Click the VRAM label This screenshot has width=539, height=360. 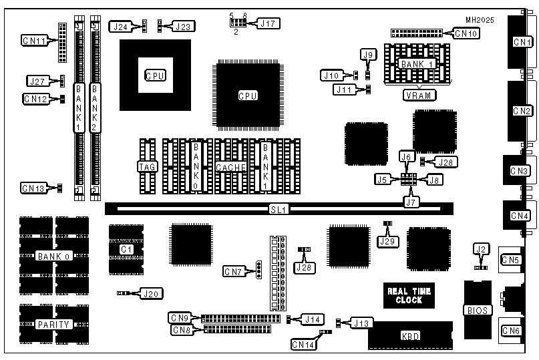point(419,95)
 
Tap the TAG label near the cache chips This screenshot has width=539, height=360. point(147,166)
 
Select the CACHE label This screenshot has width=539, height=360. point(231,166)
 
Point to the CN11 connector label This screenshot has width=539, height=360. point(34,41)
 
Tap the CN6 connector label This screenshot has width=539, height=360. point(512,330)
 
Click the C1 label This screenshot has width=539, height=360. point(126,249)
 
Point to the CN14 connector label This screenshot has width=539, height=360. point(304,345)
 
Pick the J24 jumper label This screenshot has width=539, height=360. point(121,27)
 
